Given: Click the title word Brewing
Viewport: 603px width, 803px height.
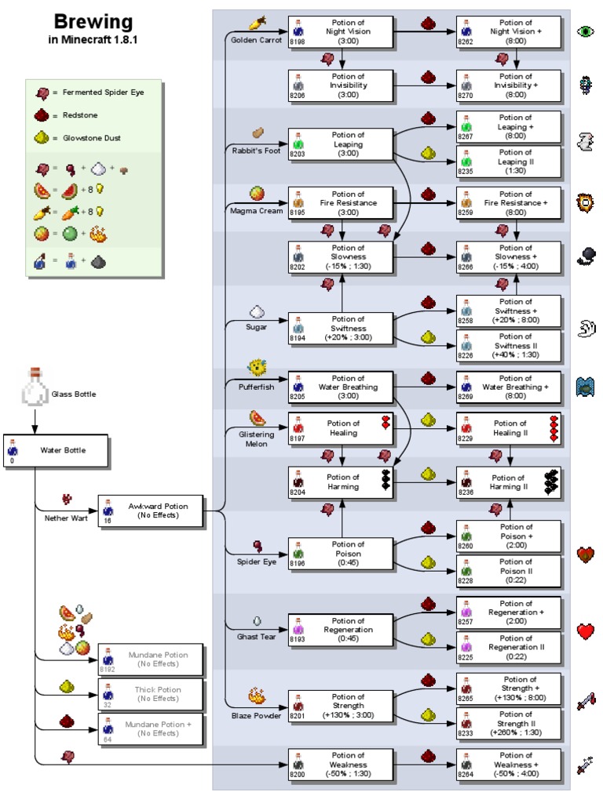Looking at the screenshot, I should click(93, 21).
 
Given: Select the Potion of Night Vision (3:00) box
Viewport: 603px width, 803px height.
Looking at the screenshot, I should click(340, 31).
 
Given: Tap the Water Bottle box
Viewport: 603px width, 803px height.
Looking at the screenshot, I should click(55, 450).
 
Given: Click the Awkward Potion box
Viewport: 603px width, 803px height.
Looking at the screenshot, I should click(149, 511).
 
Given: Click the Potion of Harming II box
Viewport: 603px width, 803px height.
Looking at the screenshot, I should click(510, 481).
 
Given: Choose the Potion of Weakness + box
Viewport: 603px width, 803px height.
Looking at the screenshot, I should click(510, 764).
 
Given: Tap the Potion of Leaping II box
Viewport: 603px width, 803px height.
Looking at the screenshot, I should click(510, 162).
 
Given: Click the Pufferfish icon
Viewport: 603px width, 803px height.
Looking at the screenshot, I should click(257, 367).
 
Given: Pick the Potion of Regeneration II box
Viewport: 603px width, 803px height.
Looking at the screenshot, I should click(510, 648).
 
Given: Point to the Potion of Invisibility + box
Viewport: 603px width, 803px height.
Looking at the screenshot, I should click(510, 85).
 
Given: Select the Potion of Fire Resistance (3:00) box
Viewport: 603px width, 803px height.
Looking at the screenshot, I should click(340, 202).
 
